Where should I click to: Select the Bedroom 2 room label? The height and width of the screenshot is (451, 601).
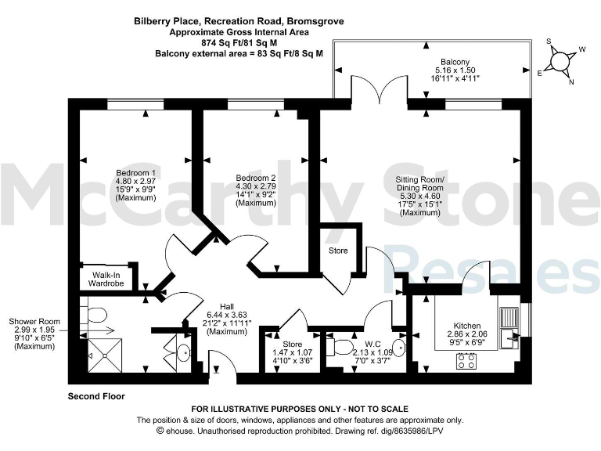pos(256,178)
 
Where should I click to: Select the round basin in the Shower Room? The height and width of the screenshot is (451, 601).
pos(182,352)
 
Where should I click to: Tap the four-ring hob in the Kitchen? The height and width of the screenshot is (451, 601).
pos(467,361)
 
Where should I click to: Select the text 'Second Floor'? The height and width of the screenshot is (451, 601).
pos(96,396)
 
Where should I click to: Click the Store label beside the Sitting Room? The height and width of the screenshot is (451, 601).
pos(338,251)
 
